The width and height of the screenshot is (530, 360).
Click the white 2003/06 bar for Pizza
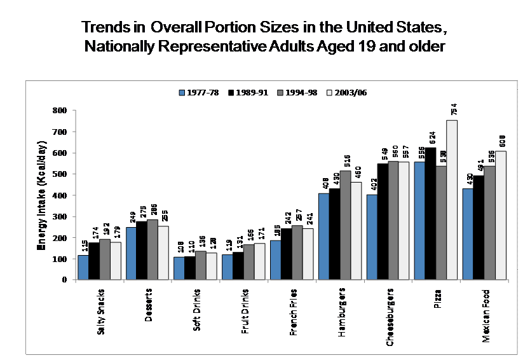tap(452, 200)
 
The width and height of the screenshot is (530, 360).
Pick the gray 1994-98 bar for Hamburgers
tap(344, 225)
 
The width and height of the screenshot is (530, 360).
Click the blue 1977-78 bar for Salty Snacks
tap(83, 267)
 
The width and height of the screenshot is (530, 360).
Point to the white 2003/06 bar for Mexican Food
tap(500, 216)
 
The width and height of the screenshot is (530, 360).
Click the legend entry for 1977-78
tap(199, 92)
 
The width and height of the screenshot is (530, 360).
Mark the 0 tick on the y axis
tap(64, 280)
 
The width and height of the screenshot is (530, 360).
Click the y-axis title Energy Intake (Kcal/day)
tap(41, 193)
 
